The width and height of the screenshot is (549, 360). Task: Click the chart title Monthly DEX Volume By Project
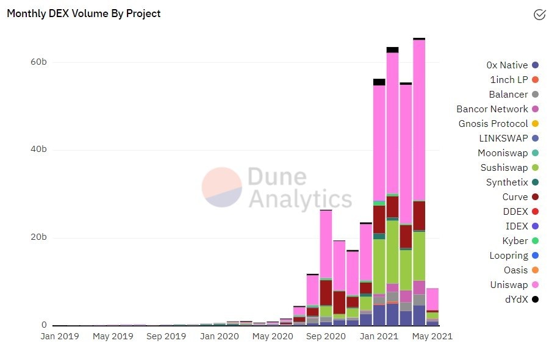pyautogui.click(x=84, y=13)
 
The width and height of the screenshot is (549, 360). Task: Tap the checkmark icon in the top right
pyautogui.click(x=539, y=15)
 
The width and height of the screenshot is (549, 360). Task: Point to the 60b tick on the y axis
pyautogui.click(x=38, y=62)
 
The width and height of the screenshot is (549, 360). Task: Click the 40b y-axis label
pyautogui.click(x=38, y=150)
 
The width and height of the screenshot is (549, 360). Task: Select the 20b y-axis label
pyautogui.click(x=38, y=237)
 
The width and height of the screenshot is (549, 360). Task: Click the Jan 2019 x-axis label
pyautogui.click(x=60, y=336)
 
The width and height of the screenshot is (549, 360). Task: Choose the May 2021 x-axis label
pyautogui.click(x=430, y=336)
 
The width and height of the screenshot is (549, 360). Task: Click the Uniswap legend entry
pyautogui.click(x=509, y=285)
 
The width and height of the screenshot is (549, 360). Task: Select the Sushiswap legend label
pyautogui.click(x=504, y=168)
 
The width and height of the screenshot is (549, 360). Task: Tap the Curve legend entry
pyautogui.click(x=515, y=197)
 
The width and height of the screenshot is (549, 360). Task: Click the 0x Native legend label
pyautogui.click(x=507, y=65)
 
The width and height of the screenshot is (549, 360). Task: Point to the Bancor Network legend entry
pyautogui.click(x=492, y=109)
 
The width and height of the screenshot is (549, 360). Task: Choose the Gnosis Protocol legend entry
pyautogui.click(x=493, y=124)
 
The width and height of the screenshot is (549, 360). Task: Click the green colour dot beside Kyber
pyautogui.click(x=535, y=241)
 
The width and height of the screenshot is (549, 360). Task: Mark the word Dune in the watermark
pyautogui.click(x=277, y=177)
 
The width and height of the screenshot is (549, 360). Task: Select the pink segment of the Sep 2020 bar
pyautogui.click(x=326, y=244)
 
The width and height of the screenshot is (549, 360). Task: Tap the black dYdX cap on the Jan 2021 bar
pyautogui.click(x=379, y=82)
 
